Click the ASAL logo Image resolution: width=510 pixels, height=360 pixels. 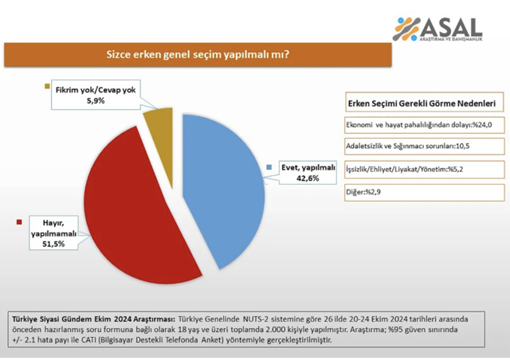tap(437, 29)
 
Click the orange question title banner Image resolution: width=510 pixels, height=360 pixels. tap(197, 55)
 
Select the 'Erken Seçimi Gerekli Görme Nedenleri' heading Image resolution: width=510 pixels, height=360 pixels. tap(422, 104)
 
